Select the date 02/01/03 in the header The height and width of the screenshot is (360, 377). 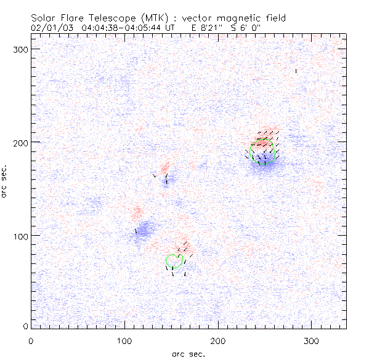[x=50, y=28]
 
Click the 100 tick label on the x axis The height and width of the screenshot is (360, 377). [x=124, y=340]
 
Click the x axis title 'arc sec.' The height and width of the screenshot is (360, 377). [x=188, y=353]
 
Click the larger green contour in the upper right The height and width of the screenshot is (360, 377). [x=263, y=153]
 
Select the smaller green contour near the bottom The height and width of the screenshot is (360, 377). [x=174, y=260]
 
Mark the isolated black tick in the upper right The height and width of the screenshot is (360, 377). [x=296, y=71]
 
